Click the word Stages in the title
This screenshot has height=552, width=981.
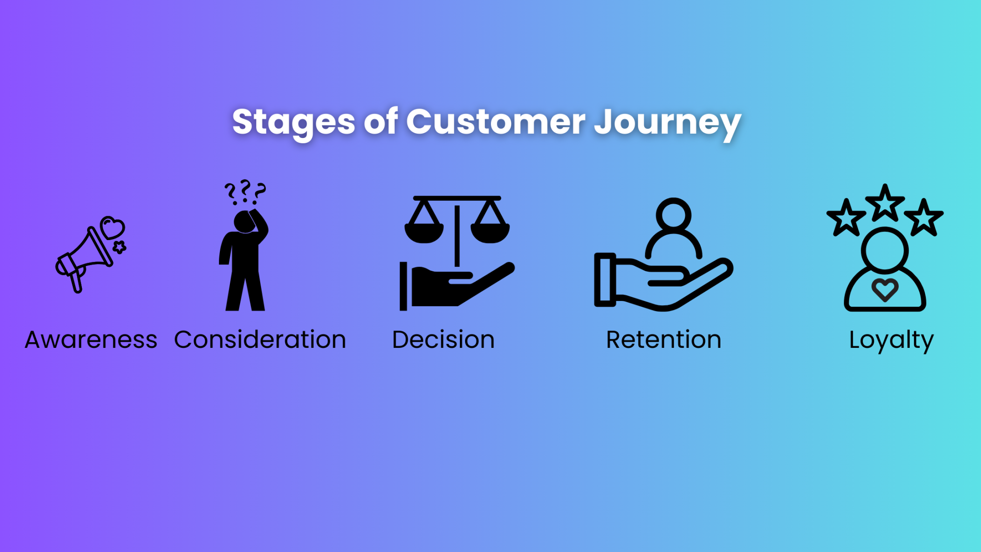[293, 122]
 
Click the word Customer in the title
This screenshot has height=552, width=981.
[495, 121]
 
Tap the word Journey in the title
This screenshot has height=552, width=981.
[668, 122]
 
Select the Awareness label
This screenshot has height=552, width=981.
[91, 340]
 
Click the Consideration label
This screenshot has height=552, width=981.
[260, 340]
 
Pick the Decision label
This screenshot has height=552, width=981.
[443, 340]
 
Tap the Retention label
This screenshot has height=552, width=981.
[663, 340]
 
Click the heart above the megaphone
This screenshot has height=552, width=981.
[113, 228]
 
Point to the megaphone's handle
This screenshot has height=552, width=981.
[76, 282]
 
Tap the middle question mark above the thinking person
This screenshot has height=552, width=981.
[245, 189]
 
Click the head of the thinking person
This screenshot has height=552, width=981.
[244, 222]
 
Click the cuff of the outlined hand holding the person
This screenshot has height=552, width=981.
[605, 279]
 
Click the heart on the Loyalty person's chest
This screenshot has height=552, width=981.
[885, 289]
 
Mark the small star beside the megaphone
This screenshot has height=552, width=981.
[119, 247]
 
